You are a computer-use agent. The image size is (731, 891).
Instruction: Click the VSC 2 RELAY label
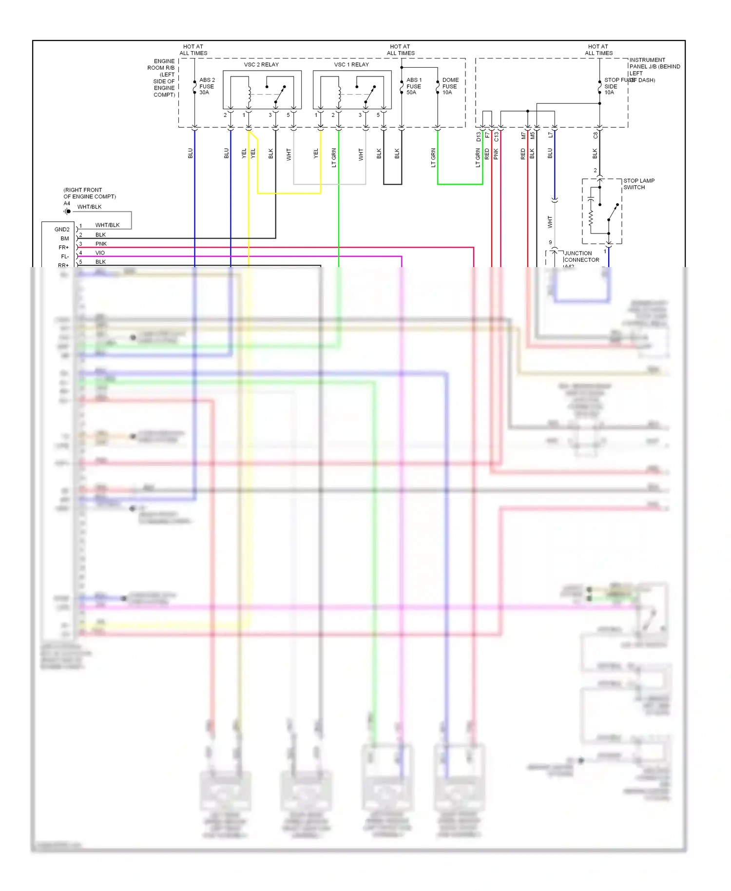[x=261, y=64]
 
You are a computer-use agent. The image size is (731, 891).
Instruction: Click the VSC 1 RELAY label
[x=351, y=64]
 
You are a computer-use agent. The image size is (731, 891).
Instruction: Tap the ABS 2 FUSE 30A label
[x=207, y=86]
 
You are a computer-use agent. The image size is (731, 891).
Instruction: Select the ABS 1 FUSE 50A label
[x=414, y=86]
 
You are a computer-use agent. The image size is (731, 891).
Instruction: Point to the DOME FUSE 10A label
[x=450, y=86]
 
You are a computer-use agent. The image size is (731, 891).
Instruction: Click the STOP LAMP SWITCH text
[x=638, y=184]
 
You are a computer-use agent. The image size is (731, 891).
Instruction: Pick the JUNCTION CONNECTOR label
[x=581, y=257]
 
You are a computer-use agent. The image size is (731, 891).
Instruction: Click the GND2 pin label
[x=62, y=230]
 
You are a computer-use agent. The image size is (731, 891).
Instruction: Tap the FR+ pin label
[x=63, y=248]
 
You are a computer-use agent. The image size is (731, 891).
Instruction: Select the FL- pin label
[x=64, y=256]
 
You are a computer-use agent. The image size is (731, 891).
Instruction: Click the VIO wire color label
[x=100, y=253]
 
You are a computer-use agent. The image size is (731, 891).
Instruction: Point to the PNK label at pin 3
[x=101, y=244]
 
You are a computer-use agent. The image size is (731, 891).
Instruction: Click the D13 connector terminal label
[x=479, y=137]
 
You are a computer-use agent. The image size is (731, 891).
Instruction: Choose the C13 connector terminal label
[x=497, y=137]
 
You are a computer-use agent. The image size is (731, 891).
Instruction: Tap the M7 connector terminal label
[x=523, y=136]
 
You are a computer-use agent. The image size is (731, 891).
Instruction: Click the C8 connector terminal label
[x=595, y=136]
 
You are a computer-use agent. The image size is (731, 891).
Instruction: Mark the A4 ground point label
[x=67, y=203]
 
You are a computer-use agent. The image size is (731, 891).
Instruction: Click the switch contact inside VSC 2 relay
[x=280, y=95]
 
